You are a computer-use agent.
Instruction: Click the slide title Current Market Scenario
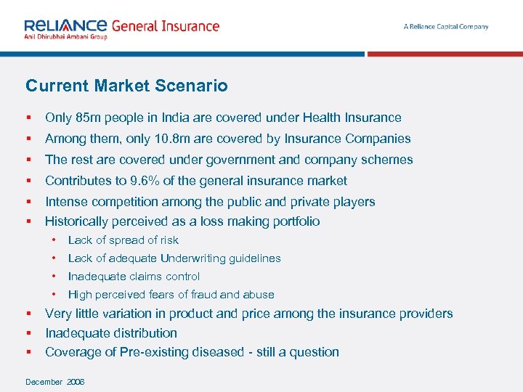tap(126, 86)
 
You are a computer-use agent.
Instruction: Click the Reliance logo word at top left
tap(65, 25)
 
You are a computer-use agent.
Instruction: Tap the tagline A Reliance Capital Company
tap(446, 27)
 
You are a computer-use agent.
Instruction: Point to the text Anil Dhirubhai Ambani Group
tap(65, 36)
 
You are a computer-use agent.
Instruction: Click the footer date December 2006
tap(55, 382)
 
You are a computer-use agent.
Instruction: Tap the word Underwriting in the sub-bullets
tap(195, 258)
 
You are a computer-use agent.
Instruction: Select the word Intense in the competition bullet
tap(66, 202)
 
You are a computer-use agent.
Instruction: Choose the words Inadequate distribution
tap(111, 333)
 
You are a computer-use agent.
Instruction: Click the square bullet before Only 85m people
tap(28, 118)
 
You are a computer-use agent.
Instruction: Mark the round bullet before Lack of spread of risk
tap(54, 240)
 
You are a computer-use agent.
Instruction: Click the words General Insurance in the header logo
tap(165, 25)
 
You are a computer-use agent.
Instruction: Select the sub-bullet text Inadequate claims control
tap(134, 277)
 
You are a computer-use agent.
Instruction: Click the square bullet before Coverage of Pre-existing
tap(28, 352)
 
